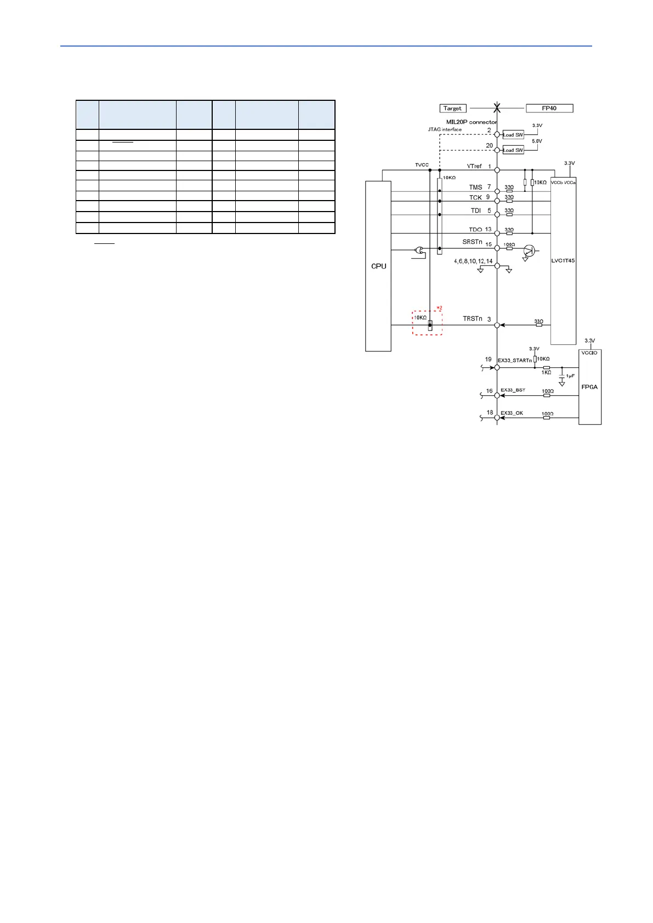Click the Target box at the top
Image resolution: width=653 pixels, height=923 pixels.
click(x=453, y=109)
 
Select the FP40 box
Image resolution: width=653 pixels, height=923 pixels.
click(x=549, y=109)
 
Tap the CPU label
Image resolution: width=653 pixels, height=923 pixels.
click(x=378, y=266)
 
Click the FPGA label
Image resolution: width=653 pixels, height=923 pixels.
click(x=589, y=387)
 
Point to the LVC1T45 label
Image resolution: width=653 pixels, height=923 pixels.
click(x=563, y=261)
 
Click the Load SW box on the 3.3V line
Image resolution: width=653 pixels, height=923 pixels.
click(x=513, y=135)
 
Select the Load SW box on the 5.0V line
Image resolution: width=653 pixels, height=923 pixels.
click(x=513, y=150)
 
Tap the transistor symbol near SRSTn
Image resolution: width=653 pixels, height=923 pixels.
click(x=529, y=251)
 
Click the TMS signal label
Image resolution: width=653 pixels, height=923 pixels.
click(x=475, y=187)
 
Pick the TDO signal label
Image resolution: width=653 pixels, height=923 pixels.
click(x=475, y=230)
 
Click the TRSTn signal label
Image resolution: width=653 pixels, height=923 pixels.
click(x=473, y=318)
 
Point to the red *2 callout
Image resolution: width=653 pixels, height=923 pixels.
click(x=439, y=308)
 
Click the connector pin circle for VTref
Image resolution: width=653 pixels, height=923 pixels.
click(x=497, y=170)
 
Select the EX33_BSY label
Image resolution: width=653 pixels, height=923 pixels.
click(x=513, y=390)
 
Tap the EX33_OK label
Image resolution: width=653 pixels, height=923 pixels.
click(x=512, y=413)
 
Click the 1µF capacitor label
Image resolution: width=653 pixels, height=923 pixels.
click(x=570, y=376)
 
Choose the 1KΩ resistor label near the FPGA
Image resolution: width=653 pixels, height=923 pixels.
click(x=546, y=373)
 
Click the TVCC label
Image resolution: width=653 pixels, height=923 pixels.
click(x=422, y=165)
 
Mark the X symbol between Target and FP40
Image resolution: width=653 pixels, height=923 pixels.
click(x=497, y=108)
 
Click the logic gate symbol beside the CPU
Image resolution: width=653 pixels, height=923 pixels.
click(x=419, y=251)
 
